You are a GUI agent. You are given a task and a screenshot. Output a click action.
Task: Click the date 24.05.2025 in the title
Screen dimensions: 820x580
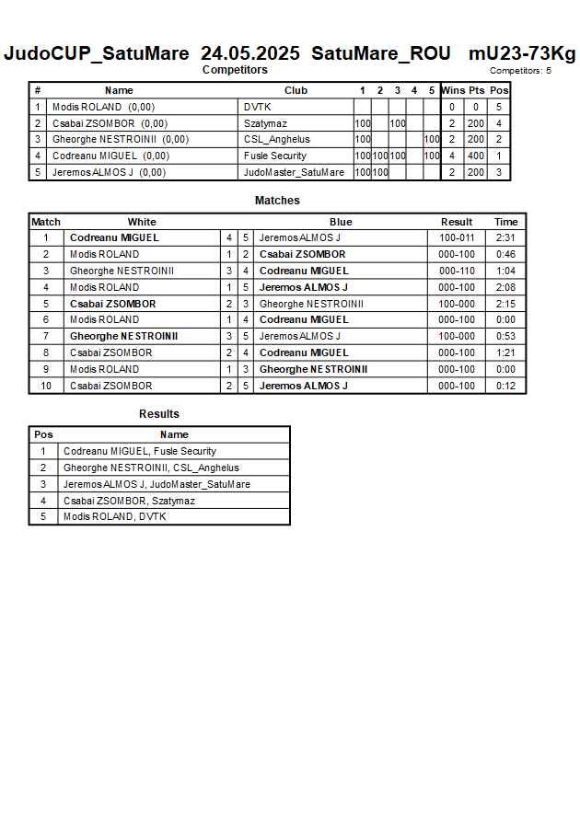coord(249,53)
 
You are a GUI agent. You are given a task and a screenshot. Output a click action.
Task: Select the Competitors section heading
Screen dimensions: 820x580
coord(235,70)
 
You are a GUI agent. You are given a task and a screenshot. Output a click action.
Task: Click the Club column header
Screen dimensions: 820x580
coord(296,90)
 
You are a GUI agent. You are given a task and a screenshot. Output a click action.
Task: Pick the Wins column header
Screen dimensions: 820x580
coord(453,90)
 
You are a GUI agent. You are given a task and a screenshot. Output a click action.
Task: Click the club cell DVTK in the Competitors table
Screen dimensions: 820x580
coord(257,107)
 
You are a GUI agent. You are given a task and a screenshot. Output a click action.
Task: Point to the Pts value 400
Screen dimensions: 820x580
coord(475,156)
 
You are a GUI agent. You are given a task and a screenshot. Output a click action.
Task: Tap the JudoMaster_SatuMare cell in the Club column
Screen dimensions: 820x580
coord(294,172)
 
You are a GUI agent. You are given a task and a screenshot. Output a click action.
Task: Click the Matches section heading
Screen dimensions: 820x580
coord(277,201)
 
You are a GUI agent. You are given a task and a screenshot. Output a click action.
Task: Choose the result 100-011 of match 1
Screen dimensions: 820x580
coord(457,237)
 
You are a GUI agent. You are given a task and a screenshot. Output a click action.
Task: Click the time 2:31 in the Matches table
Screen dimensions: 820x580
coord(505,237)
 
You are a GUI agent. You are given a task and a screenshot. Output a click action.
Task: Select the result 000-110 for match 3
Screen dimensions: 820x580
coord(457,271)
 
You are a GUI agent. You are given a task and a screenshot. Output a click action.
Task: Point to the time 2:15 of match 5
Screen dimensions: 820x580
coord(505,304)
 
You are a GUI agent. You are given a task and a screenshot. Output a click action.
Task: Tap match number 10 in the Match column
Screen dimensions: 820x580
coord(46,386)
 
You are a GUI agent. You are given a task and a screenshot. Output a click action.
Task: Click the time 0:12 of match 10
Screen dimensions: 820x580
coord(505,386)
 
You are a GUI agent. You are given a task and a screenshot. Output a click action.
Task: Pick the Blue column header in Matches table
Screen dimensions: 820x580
coord(341,222)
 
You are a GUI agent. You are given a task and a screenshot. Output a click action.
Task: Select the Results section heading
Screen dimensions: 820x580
coord(159,414)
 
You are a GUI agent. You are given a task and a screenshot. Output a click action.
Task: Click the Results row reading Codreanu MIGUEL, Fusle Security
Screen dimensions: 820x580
coord(140,451)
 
